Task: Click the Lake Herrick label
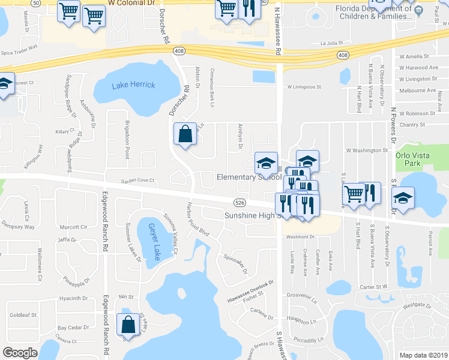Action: [x=133, y=85]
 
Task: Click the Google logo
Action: [x=20, y=353]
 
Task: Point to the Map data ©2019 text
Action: [x=423, y=355]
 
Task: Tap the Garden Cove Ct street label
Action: [x=138, y=180]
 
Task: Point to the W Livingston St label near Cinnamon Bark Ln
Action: [x=304, y=87]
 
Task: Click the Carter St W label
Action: [x=374, y=287]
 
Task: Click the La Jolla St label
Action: [x=331, y=43]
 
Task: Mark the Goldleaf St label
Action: [x=23, y=314]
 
